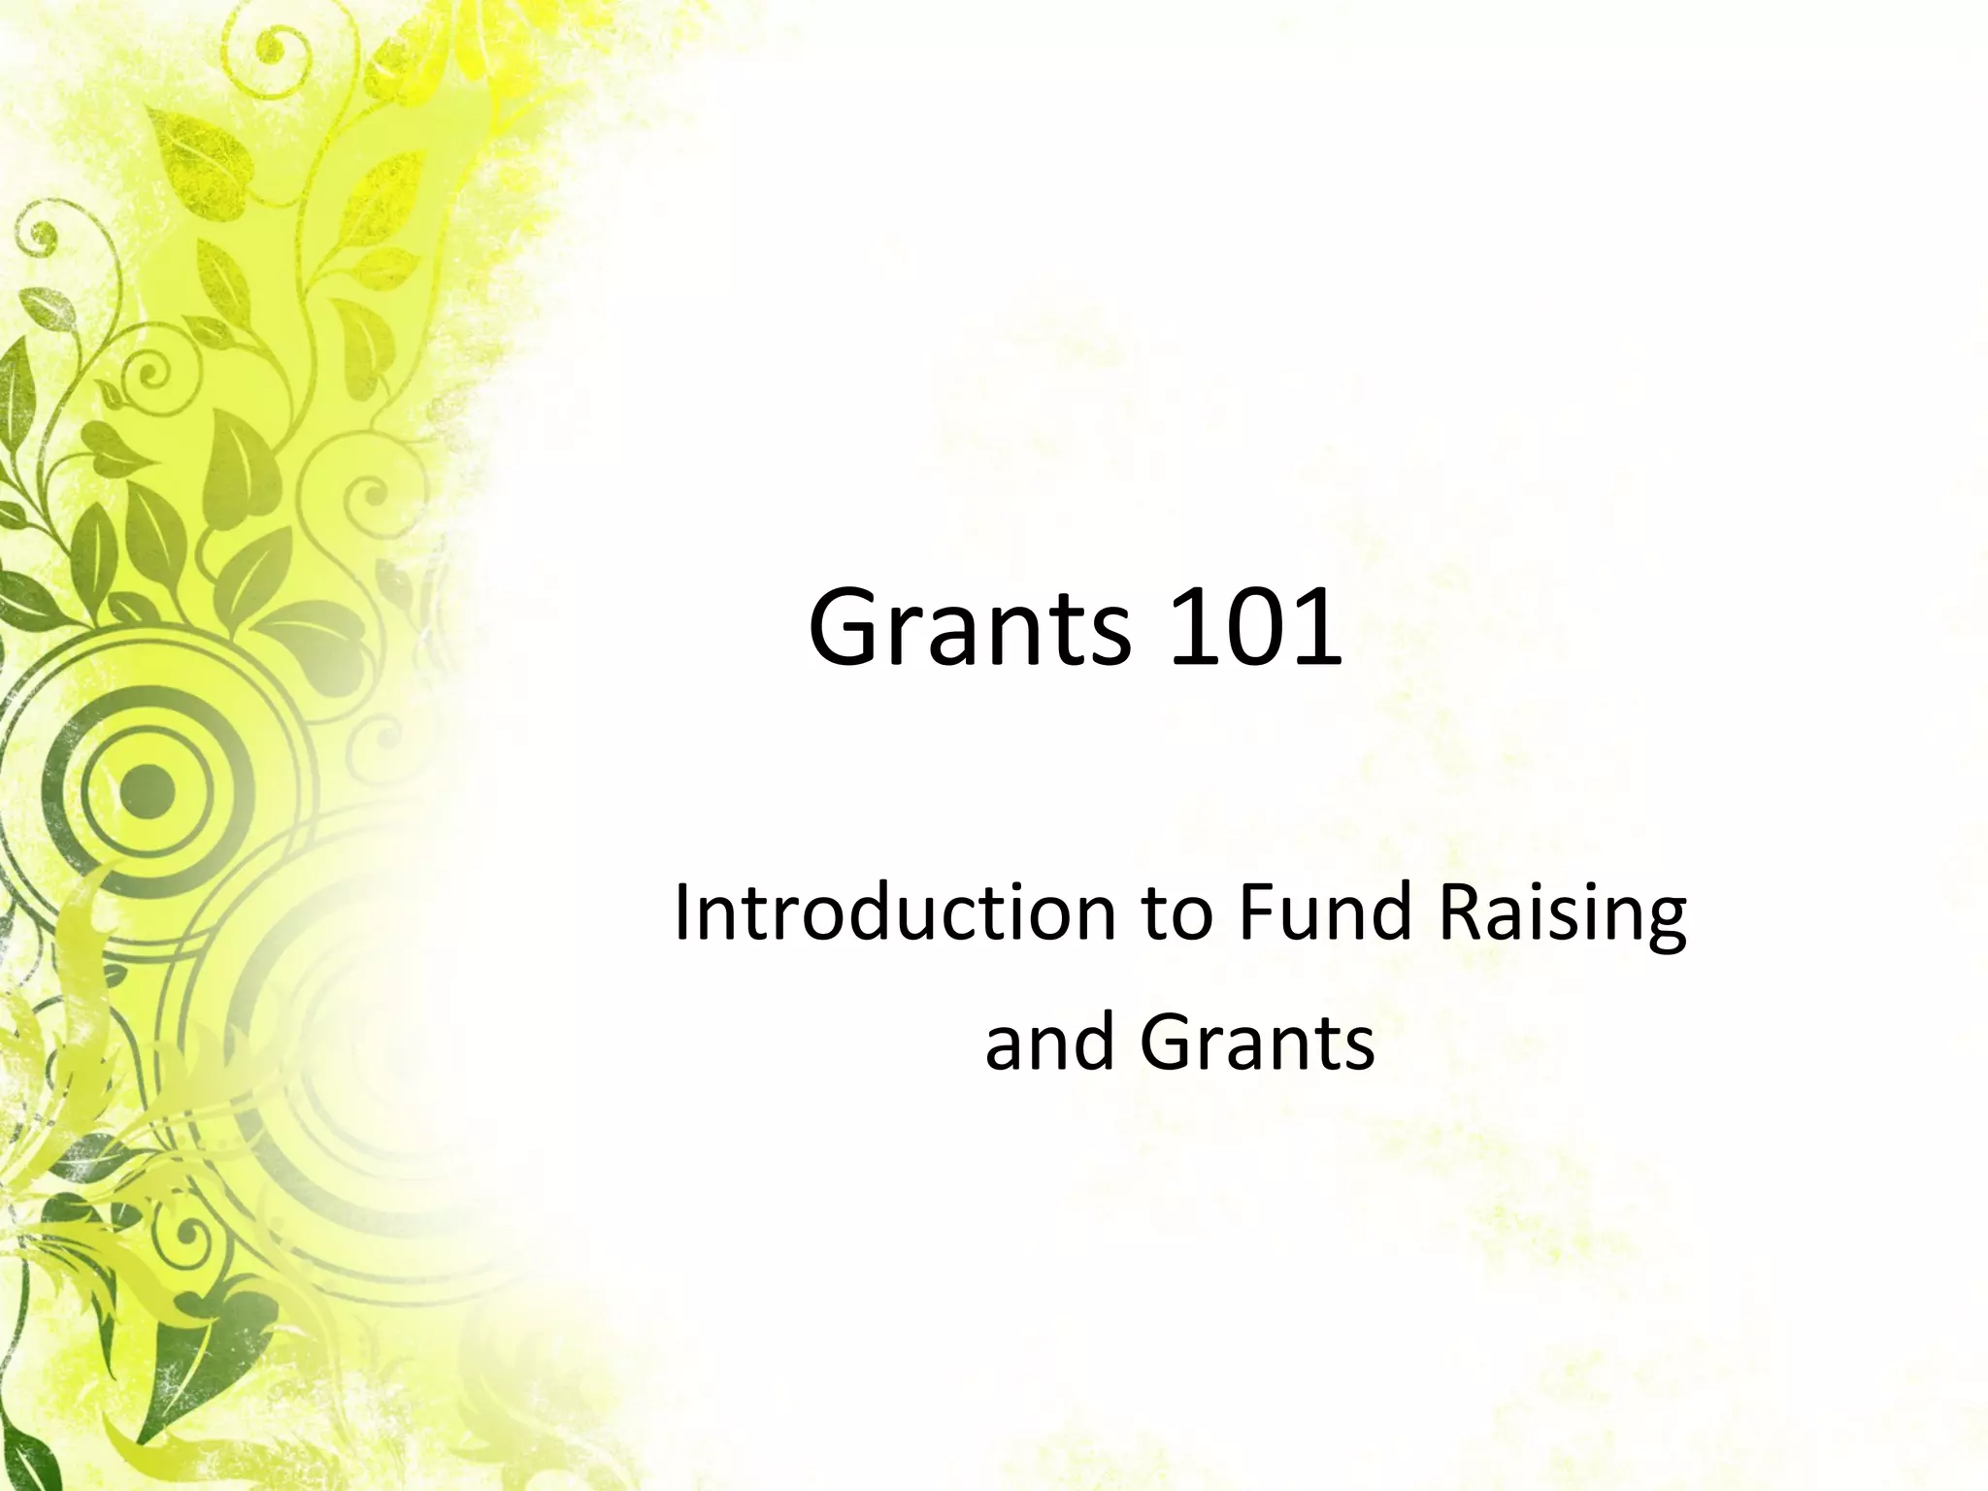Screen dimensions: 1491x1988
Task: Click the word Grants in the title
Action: click(969, 629)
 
